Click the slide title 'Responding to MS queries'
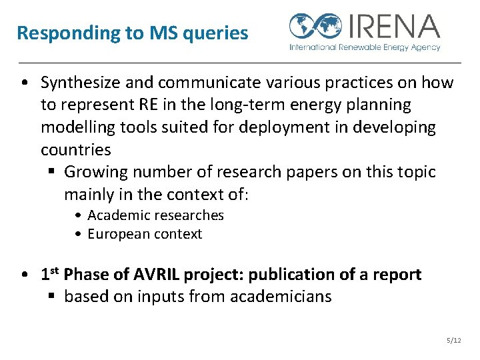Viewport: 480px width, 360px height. click(132, 33)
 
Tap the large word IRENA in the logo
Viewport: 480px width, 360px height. click(393, 26)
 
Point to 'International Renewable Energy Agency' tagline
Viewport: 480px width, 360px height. click(365, 47)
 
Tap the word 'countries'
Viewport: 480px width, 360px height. click(75, 149)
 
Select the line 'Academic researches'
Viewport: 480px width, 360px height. click(155, 215)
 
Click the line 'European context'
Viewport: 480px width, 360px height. click(145, 234)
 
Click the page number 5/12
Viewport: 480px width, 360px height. click(453, 341)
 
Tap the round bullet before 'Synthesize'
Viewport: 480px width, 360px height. click(24, 83)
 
